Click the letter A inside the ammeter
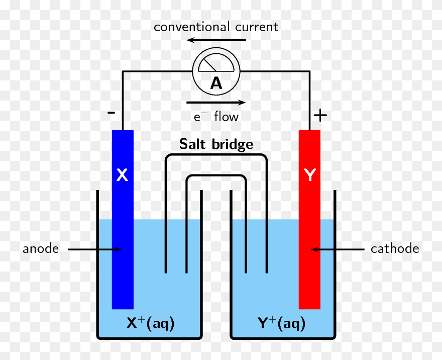click(x=216, y=83)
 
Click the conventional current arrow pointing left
click(x=216, y=40)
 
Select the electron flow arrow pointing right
click(x=216, y=102)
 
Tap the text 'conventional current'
click(x=216, y=27)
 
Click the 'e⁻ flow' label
click(x=216, y=117)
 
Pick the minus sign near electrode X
click(x=111, y=113)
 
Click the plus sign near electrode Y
click(x=320, y=115)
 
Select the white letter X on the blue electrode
click(x=122, y=175)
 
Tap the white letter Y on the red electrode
click(x=310, y=175)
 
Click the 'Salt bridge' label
click(x=216, y=145)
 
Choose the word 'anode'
click(x=41, y=249)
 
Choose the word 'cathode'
click(x=395, y=249)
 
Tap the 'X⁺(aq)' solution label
click(x=150, y=323)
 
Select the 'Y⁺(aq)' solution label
click(x=281, y=323)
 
